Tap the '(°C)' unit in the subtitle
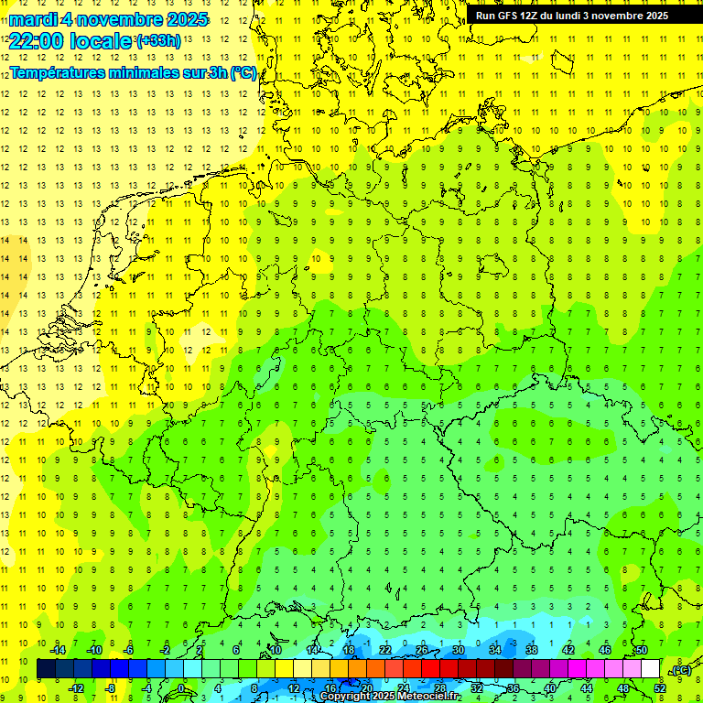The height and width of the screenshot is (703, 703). click(x=243, y=73)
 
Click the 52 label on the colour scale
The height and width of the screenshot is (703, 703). click(x=660, y=688)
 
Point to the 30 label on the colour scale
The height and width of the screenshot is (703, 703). click(x=458, y=650)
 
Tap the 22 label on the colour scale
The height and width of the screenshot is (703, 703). click(x=384, y=650)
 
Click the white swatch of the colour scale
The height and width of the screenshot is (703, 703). click(x=651, y=669)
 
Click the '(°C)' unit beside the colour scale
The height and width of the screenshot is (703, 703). click(x=680, y=670)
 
